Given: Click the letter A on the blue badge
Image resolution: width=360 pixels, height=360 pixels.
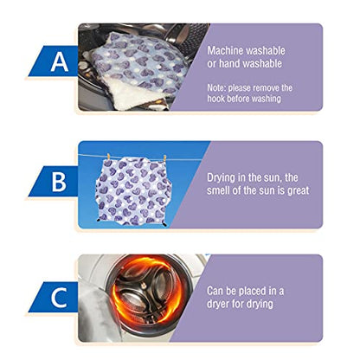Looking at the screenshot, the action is [x=60, y=62].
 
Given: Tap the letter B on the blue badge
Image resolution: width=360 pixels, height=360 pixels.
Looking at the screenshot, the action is [x=59, y=182].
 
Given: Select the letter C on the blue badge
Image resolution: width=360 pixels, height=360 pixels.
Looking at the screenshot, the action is [x=59, y=297].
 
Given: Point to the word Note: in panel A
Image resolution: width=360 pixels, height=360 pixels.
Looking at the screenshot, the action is [x=216, y=87].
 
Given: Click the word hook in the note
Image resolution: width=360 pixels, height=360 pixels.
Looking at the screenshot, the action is [x=215, y=99].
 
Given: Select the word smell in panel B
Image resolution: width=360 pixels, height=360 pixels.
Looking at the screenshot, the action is [x=218, y=190].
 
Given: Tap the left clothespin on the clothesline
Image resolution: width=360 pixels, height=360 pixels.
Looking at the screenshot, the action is [x=108, y=157].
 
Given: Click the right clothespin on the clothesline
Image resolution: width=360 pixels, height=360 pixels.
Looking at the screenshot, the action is [x=164, y=158].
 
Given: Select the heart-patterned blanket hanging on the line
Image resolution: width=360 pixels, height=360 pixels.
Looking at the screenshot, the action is [x=133, y=191].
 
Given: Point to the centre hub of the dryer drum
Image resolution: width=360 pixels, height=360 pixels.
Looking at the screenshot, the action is [x=142, y=286].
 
